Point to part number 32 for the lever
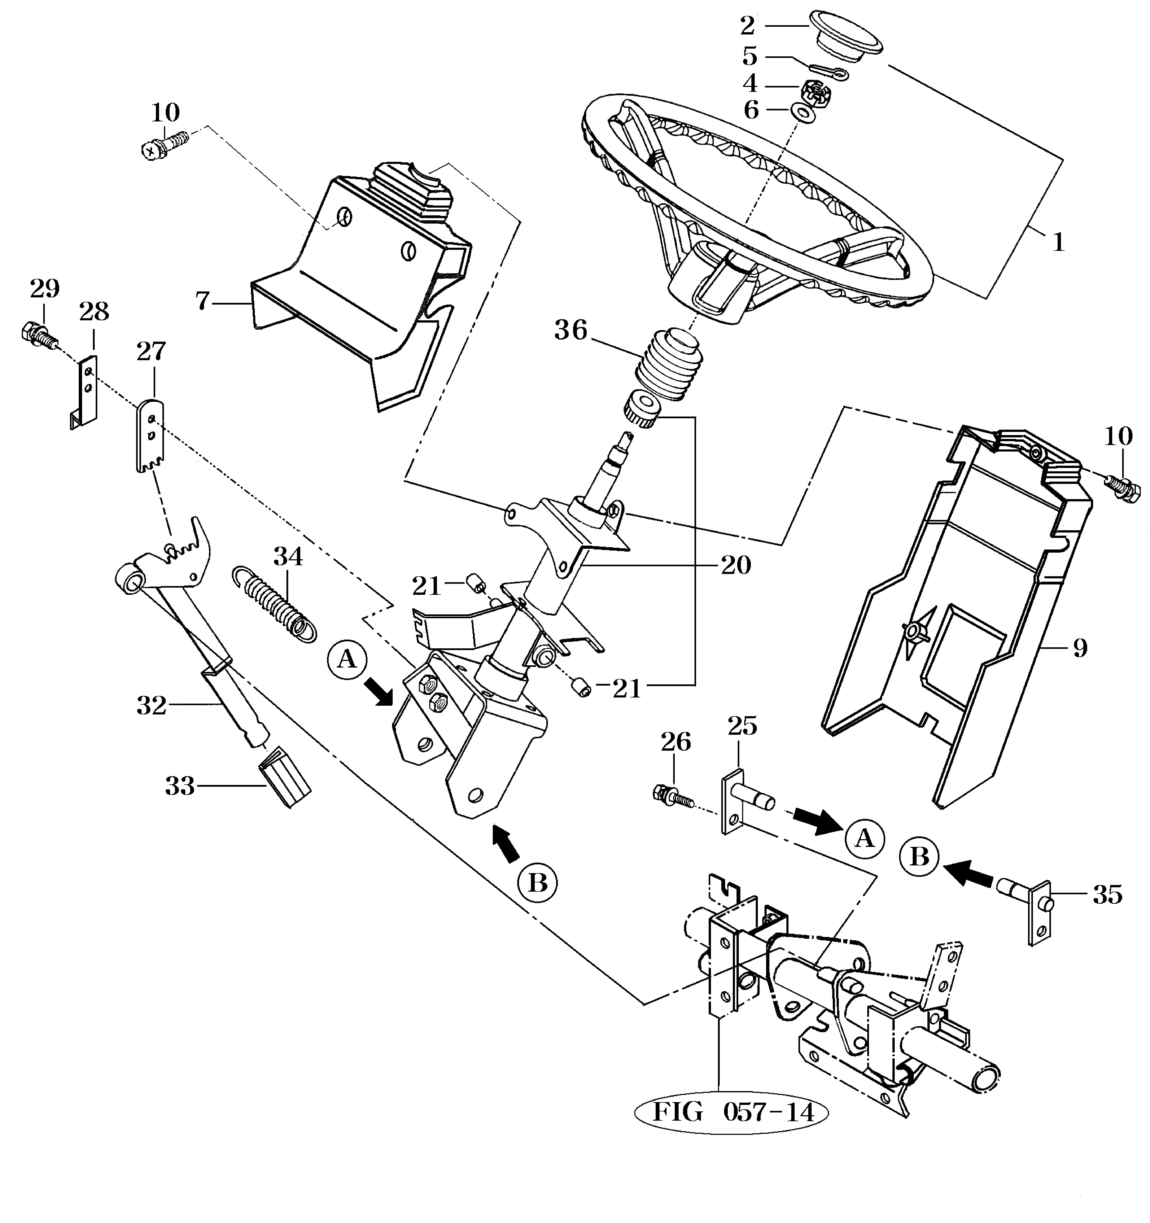tap(151, 706)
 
